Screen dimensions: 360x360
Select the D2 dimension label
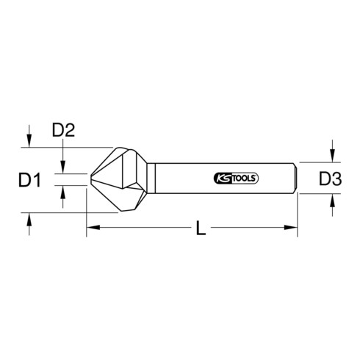[65, 132]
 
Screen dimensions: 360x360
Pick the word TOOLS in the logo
[243, 177]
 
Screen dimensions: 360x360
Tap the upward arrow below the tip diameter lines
[64, 192]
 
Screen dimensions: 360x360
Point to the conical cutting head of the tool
[118, 180]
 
